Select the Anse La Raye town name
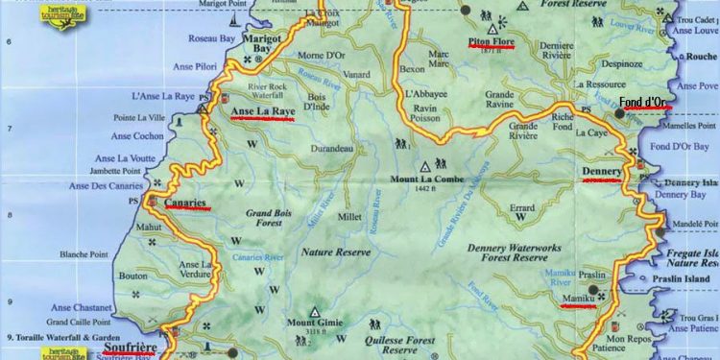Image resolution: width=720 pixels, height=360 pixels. point(263,111)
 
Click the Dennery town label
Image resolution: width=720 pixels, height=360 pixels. point(602,173)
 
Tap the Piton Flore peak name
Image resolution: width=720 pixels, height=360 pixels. point(492,42)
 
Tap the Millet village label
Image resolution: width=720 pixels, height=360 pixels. point(349,216)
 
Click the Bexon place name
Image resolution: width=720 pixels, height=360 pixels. point(412,70)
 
